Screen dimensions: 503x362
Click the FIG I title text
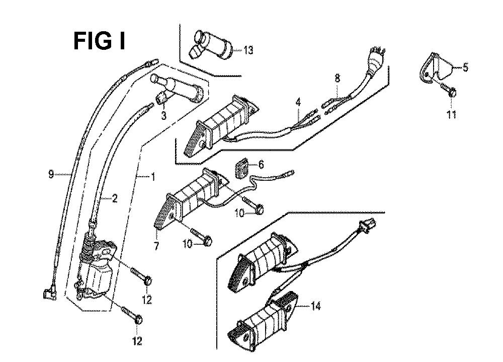[x=100, y=41]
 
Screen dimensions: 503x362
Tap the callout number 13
[x=248, y=50]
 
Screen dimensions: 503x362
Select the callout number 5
[x=465, y=67]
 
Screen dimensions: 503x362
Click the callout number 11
[x=452, y=114]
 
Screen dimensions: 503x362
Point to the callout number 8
[x=337, y=79]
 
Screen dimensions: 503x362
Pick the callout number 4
[x=298, y=103]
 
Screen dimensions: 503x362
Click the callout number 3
[x=163, y=116]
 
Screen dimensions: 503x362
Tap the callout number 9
[x=51, y=175]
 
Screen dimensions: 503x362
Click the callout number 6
[x=261, y=165]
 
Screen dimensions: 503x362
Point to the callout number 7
[x=156, y=246]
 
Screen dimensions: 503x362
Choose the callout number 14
[x=316, y=306]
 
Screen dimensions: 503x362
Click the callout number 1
[x=153, y=176]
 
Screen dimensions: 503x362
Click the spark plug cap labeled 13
[x=211, y=45]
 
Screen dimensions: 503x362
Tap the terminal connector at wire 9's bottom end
[x=49, y=294]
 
